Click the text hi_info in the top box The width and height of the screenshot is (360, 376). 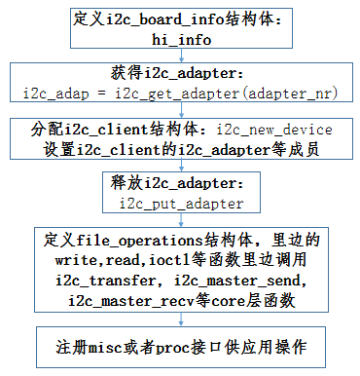click(x=182, y=40)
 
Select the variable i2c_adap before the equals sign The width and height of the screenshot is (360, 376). click(x=57, y=94)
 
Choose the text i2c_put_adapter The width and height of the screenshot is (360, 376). click(x=182, y=204)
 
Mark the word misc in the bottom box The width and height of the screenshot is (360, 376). click(x=100, y=345)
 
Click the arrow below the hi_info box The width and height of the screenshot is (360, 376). click(x=181, y=57)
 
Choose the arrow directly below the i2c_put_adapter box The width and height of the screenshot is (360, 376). click(x=181, y=220)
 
